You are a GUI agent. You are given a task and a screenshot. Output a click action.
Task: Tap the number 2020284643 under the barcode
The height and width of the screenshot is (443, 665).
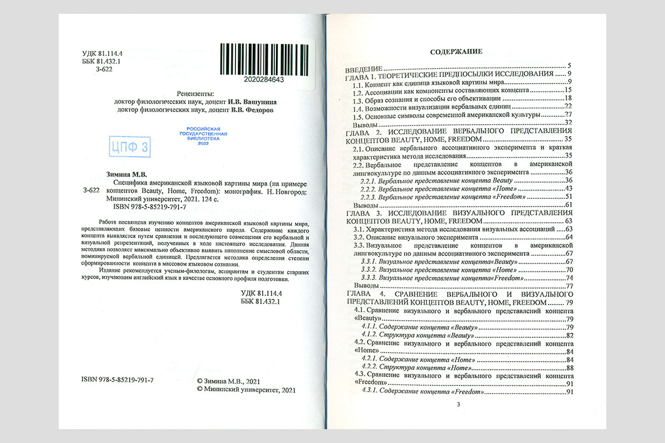(264, 80)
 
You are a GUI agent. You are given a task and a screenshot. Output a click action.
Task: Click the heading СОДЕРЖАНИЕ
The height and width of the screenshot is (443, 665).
(457, 51)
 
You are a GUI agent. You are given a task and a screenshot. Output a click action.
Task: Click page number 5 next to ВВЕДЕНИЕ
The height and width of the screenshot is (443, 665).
(569, 66)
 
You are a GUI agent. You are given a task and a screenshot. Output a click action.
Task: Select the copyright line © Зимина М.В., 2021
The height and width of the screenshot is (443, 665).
(228, 382)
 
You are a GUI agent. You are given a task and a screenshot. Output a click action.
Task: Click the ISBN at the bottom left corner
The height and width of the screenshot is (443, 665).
(117, 381)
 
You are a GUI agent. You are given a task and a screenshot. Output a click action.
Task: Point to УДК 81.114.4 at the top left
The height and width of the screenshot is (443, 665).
(101, 53)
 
